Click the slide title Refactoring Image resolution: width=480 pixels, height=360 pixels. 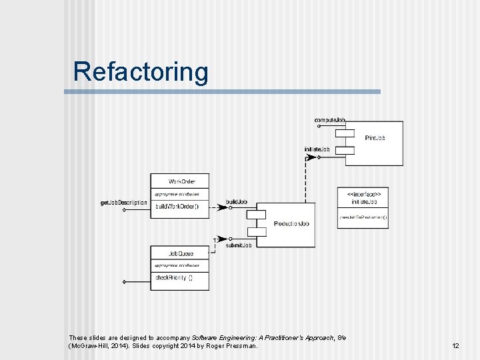pyautogui.click(x=141, y=71)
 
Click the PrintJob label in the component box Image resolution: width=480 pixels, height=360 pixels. pyautogui.click(x=375, y=138)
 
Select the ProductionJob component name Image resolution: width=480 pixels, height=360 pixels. pyautogui.click(x=291, y=223)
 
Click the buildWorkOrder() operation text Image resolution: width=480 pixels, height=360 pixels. pyautogui.click(x=176, y=207)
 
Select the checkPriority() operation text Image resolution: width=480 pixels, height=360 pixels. pyautogui.click(x=173, y=277)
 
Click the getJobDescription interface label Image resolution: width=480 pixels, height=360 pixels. pyautogui.click(x=124, y=202)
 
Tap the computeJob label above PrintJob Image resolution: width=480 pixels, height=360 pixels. pyautogui.click(x=329, y=120)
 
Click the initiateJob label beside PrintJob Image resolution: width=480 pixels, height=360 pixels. pyautogui.click(x=317, y=149)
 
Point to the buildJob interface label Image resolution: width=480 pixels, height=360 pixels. pyautogui.click(x=237, y=201)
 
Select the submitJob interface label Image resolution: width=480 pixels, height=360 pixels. pyautogui.click(x=238, y=245)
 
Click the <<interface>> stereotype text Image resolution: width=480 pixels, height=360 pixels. pyautogui.click(x=364, y=193)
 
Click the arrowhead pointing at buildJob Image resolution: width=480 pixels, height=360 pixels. pyautogui.click(x=230, y=207)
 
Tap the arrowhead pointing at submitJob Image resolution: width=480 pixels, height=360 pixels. pyautogui.click(x=230, y=238)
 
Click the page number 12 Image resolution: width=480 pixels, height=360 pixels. pyautogui.click(x=455, y=346)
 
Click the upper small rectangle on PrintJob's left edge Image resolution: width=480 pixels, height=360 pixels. pyautogui.click(x=345, y=133)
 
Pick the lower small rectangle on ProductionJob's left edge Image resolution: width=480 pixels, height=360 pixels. pyautogui.click(x=256, y=231)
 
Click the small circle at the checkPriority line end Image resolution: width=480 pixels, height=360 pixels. pyautogui.click(x=124, y=281)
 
